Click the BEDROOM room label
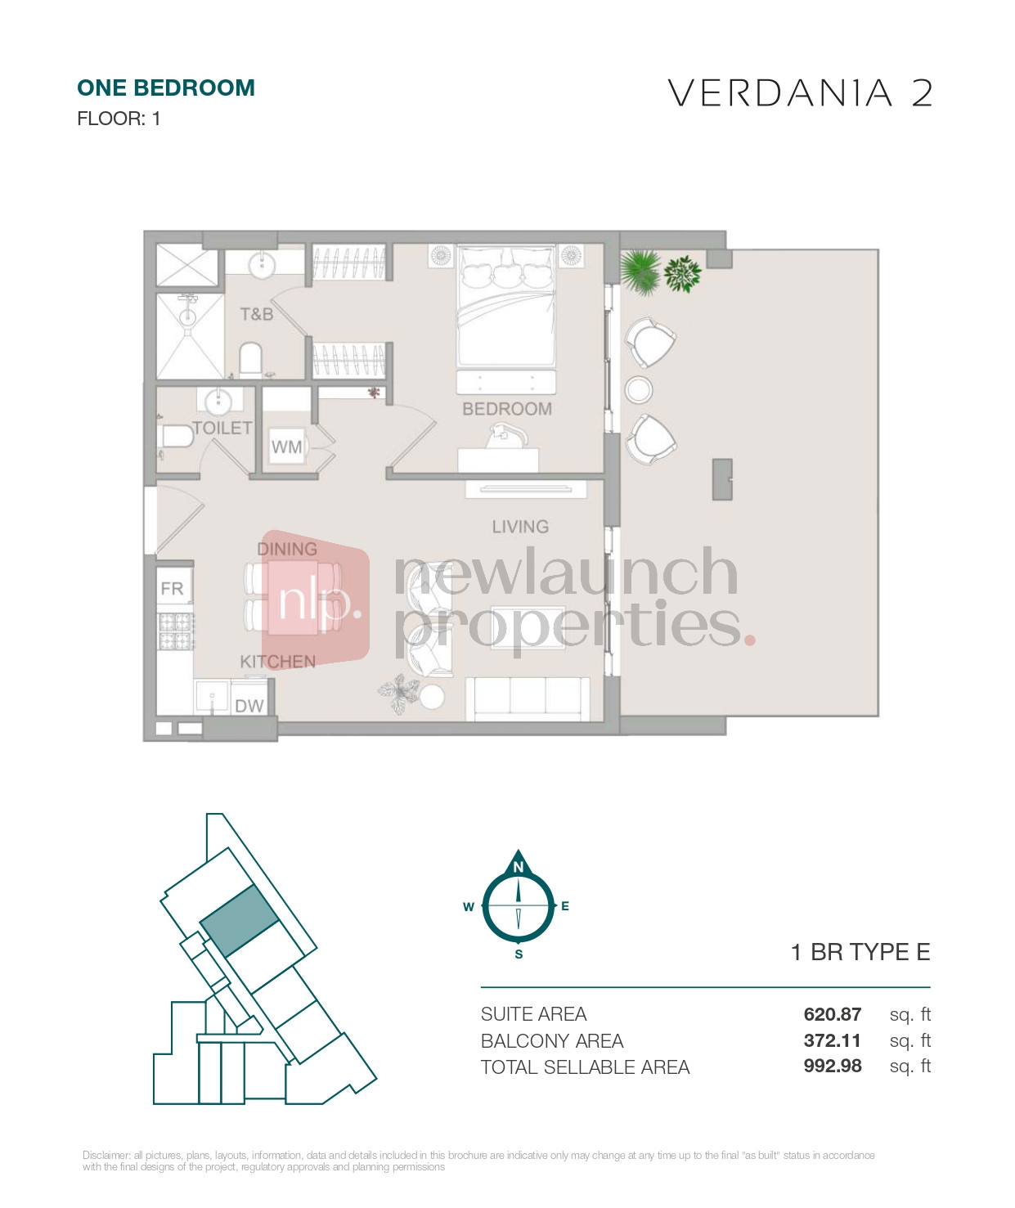(507, 409)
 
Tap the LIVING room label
(520, 527)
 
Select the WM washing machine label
(286, 447)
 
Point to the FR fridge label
(172, 588)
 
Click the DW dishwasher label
(249, 706)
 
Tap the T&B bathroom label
(256, 314)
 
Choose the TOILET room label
(222, 428)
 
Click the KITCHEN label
(278, 662)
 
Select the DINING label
(287, 549)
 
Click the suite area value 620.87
(832, 1014)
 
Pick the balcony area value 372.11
(832, 1040)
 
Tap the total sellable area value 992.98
(832, 1066)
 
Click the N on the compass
(518, 867)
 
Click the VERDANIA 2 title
(800, 93)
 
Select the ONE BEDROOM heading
(166, 88)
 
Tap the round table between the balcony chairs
(638, 389)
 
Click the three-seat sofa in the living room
(528, 699)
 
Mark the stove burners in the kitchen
(175, 631)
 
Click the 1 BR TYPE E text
(860, 952)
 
